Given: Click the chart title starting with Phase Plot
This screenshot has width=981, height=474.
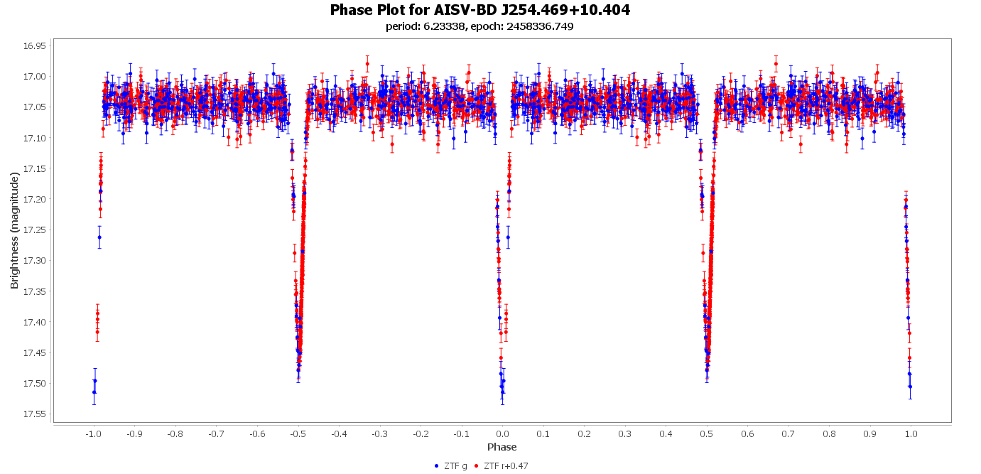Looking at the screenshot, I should click(x=479, y=10).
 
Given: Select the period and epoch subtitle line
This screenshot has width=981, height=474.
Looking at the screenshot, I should click(x=479, y=26).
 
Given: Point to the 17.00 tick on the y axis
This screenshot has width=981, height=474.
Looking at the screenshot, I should click(x=34, y=76).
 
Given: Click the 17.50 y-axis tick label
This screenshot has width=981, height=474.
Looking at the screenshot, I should click(x=34, y=383).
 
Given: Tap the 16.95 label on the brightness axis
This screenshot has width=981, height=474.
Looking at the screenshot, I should click(x=34, y=45).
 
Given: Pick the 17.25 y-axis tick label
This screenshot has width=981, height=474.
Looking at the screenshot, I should click(x=34, y=230).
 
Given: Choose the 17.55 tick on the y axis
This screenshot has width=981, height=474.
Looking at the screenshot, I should click(x=34, y=414).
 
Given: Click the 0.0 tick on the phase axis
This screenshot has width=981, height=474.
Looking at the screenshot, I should click(x=502, y=433).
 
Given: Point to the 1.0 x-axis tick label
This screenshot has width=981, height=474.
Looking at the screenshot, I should click(x=911, y=433).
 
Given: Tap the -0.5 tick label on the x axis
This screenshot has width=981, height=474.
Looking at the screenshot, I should click(x=297, y=433).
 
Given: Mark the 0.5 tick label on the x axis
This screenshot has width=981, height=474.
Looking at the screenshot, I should click(x=707, y=433).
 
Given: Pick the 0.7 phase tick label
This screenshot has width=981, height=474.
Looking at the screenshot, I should click(x=788, y=433).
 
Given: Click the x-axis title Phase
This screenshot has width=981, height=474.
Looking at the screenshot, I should click(x=502, y=447).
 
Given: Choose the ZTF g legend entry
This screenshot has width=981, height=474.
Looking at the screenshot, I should click(x=455, y=466).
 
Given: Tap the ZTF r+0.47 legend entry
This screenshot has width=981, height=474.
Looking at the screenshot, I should click(x=506, y=466).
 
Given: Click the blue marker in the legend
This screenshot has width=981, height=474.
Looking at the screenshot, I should click(x=436, y=466).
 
